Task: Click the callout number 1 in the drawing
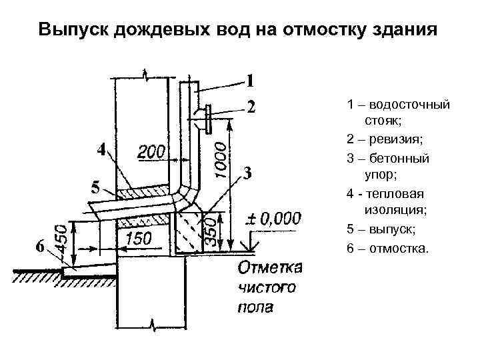(249, 82)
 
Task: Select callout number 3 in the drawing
(247, 174)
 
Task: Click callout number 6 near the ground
(41, 247)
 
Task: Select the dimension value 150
(139, 238)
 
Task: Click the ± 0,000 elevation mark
(275, 219)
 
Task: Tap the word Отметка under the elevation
(270, 268)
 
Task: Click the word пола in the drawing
(255, 307)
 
